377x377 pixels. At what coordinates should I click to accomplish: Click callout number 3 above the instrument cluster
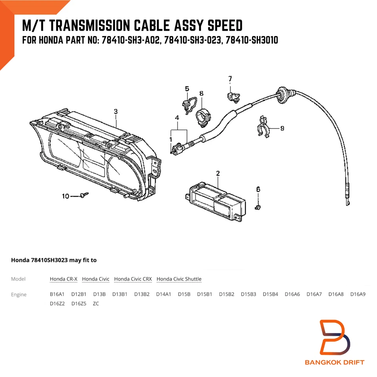[115, 112]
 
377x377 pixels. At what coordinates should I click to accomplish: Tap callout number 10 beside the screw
[66, 196]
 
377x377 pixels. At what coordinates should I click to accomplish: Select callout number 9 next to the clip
[282, 128]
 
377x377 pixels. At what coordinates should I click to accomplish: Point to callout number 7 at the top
[230, 79]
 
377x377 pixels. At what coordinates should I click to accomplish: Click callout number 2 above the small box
[218, 173]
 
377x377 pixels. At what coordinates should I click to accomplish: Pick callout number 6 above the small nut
[258, 189]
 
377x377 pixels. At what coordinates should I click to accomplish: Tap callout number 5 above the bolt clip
[187, 89]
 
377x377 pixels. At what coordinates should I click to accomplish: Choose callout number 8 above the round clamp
[201, 93]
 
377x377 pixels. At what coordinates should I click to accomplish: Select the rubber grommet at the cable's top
[282, 93]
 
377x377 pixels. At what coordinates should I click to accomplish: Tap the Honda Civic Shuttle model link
[179, 279]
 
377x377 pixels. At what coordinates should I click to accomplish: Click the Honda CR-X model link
[63, 279]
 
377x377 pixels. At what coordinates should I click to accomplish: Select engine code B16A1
[57, 294]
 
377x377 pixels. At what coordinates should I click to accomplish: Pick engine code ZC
[96, 303]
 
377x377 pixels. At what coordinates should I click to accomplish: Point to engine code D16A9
[358, 294]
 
